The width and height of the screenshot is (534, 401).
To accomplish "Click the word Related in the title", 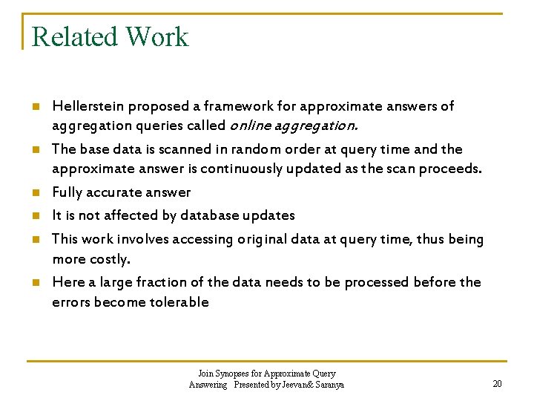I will (x=73, y=37).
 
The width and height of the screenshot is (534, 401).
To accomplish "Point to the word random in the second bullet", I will (x=243, y=149).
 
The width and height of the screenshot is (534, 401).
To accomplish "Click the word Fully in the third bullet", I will (x=67, y=193).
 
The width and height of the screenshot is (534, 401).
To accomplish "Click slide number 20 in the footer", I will (x=497, y=383).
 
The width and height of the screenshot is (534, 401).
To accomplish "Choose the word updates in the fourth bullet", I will (x=273, y=215).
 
